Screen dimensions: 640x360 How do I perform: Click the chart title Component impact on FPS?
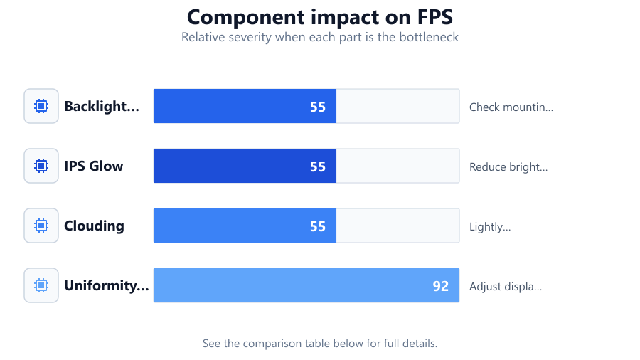coord(320,17)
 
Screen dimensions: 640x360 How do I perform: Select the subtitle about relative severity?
coord(320,37)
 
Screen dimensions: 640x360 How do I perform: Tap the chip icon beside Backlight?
coord(41,106)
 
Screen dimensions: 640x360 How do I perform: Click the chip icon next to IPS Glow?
coord(41,166)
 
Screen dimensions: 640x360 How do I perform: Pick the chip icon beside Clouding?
coord(41,226)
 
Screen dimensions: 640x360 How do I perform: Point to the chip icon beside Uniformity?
coord(41,285)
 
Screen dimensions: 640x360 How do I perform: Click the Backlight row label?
coord(102,106)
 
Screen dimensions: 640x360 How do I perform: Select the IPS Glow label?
coord(93,166)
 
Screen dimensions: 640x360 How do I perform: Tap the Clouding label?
coord(94,226)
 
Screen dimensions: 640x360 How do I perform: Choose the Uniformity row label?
coord(107,285)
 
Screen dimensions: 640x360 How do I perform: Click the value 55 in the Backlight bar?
coord(318,107)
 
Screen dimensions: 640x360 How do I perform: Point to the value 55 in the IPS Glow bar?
coord(318,166)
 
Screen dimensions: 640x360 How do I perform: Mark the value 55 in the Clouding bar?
coord(318,226)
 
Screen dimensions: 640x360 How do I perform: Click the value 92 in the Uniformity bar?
coord(441,286)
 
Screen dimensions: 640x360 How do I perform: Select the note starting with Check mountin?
coord(511,107)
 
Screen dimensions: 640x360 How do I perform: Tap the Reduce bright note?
coord(508,167)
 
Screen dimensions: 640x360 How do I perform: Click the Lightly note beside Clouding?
coord(490,226)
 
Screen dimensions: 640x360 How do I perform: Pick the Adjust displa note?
coord(506,286)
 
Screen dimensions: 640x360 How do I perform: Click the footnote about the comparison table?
coord(320,343)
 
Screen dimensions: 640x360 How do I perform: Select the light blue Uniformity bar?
coord(306,285)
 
